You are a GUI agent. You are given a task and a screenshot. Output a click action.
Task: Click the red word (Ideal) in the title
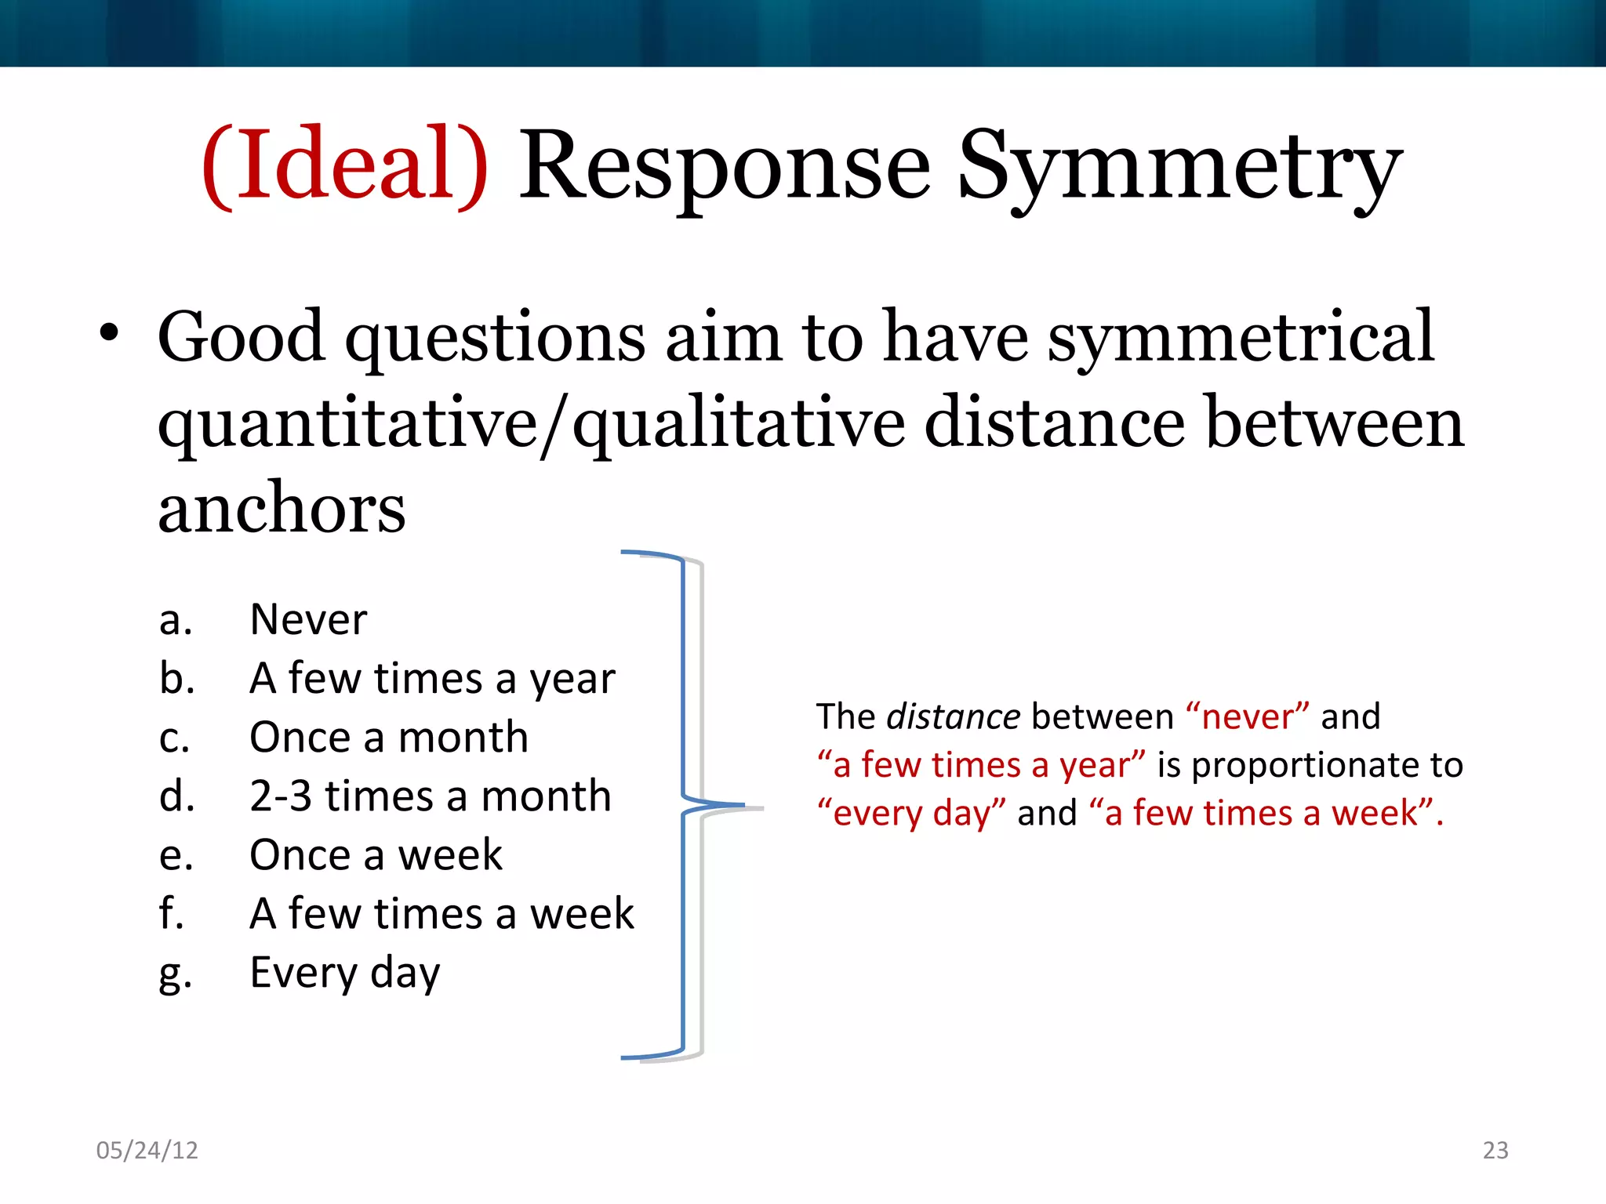coord(345,166)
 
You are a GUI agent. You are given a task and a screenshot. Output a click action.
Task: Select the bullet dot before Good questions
coord(109,334)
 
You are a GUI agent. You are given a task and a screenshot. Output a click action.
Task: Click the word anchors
coord(282,508)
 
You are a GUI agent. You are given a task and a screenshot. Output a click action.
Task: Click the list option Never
coord(308,619)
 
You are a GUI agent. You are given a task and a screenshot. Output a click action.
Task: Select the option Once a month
coord(389,737)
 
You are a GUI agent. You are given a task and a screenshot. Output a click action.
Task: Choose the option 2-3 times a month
coord(430,796)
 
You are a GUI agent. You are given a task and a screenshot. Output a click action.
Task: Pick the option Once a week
coord(376,854)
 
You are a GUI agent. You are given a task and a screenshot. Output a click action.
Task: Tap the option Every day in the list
coord(345,973)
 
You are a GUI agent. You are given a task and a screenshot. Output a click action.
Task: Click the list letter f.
coord(171,913)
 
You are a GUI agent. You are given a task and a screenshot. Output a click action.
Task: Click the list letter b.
coord(176,678)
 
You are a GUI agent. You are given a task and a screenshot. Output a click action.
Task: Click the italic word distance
coord(953,716)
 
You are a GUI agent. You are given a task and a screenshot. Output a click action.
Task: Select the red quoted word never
coord(1247,716)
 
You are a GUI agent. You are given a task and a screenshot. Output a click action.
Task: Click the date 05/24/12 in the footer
coord(147,1150)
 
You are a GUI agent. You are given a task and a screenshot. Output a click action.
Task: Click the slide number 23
coord(1495,1150)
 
